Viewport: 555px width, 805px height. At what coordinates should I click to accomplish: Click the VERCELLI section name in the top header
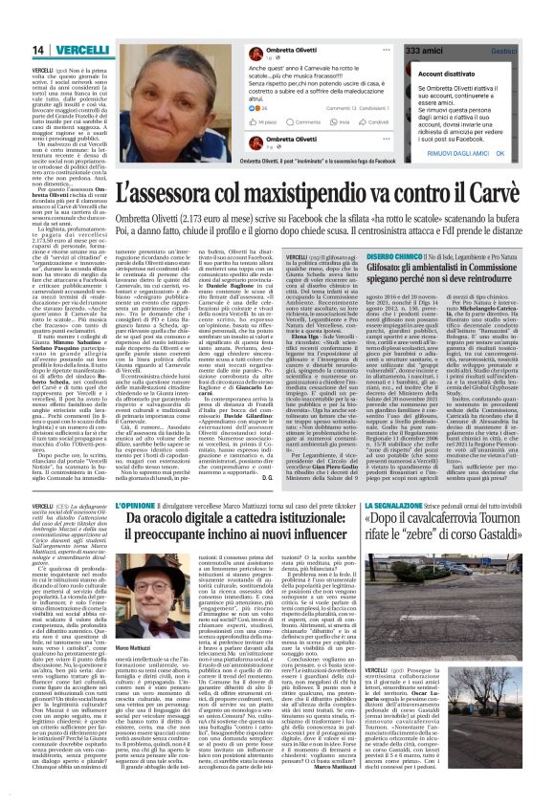(x=55, y=50)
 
